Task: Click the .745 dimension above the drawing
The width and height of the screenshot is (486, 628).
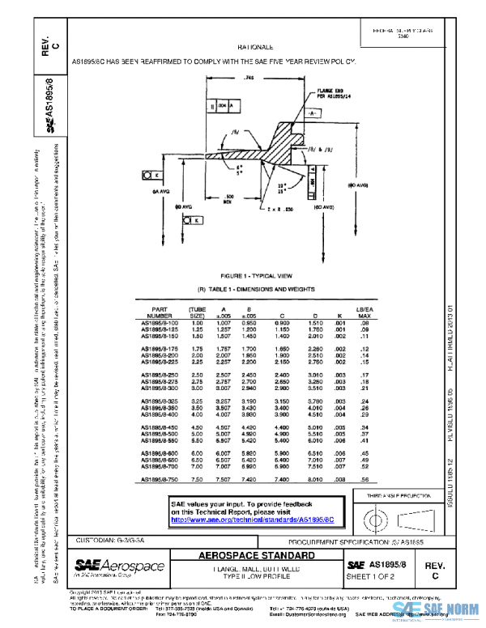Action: [x=249, y=78]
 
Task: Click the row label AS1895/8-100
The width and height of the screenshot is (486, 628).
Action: [x=159, y=322]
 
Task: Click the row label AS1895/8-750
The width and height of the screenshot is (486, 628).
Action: [x=159, y=481]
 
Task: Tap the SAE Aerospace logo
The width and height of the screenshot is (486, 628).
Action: [x=119, y=566]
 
